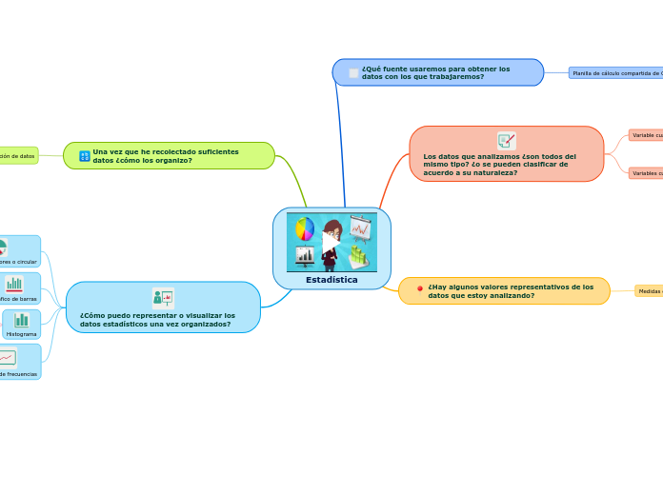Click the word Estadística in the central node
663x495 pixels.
coord(331,280)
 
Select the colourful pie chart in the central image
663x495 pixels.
coord(305,228)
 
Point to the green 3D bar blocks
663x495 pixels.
coord(359,256)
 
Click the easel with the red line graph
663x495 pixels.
coord(360,228)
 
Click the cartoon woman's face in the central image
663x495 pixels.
coord(332,230)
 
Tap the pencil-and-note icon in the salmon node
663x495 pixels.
coord(507,140)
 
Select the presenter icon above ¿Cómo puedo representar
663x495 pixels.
coord(163,297)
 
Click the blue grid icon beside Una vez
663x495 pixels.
coord(85,155)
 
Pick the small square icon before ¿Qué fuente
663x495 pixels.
coord(354,73)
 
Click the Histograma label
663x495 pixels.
coord(22,334)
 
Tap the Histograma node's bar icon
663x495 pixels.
coord(21,320)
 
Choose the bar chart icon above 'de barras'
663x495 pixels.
coord(14,284)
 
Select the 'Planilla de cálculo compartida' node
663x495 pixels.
coord(615,72)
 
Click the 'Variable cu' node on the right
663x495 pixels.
coord(646,135)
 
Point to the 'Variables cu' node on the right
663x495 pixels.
coord(646,173)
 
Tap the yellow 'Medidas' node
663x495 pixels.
coord(649,291)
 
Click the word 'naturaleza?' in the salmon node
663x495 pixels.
coord(491,172)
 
